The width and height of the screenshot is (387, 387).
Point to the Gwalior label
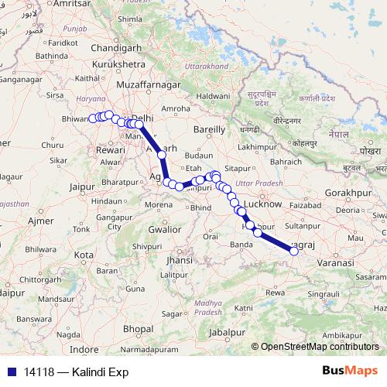click(x=165, y=229)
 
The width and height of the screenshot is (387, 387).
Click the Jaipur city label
click(x=87, y=187)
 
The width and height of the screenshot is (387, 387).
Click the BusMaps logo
click(x=350, y=371)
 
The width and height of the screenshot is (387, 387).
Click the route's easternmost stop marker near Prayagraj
click(x=293, y=250)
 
